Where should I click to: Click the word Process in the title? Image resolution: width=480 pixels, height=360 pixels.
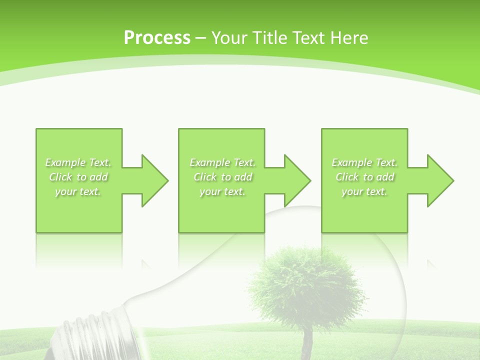(157, 38)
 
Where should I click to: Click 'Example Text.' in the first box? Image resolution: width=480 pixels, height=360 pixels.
(78, 162)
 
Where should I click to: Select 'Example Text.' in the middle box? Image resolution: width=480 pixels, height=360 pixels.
(222, 162)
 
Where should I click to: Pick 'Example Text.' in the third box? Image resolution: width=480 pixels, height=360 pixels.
(364, 162)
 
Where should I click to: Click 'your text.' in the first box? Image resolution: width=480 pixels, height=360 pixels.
(78, 191)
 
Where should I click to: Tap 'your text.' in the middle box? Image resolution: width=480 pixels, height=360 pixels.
(222, 191)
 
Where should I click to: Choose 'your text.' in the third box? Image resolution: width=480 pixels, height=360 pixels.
(364, 191)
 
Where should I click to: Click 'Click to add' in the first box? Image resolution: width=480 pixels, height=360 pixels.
(78, 177)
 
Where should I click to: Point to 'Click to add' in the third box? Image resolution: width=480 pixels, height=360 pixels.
(365, 177)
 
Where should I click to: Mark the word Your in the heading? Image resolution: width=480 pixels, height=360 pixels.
(230, 38)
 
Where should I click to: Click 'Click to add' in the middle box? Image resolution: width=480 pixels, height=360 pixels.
(223, 177)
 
